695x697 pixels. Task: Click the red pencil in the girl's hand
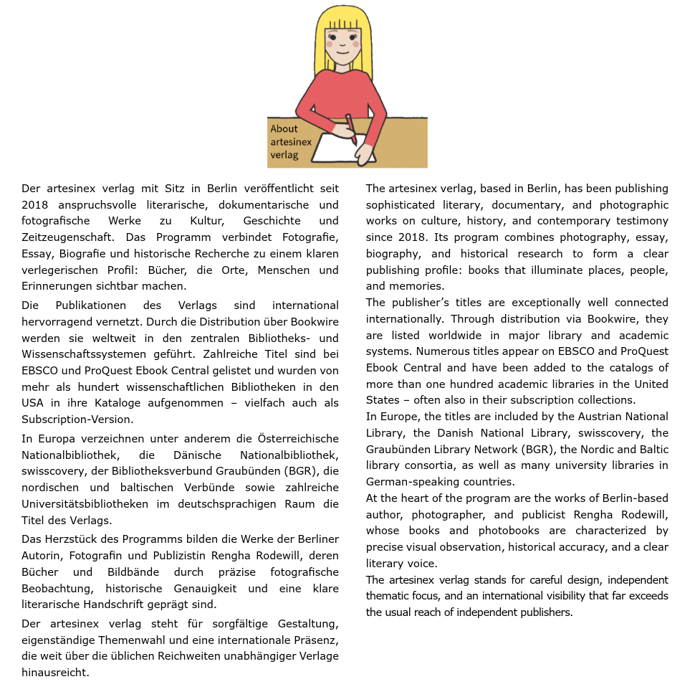point(351,128)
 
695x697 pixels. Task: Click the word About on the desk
point(284,129)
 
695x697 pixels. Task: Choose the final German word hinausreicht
point(55,673)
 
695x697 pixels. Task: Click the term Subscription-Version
point(77,419)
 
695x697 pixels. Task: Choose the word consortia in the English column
point(407,465)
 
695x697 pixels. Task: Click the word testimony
point(642,221)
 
